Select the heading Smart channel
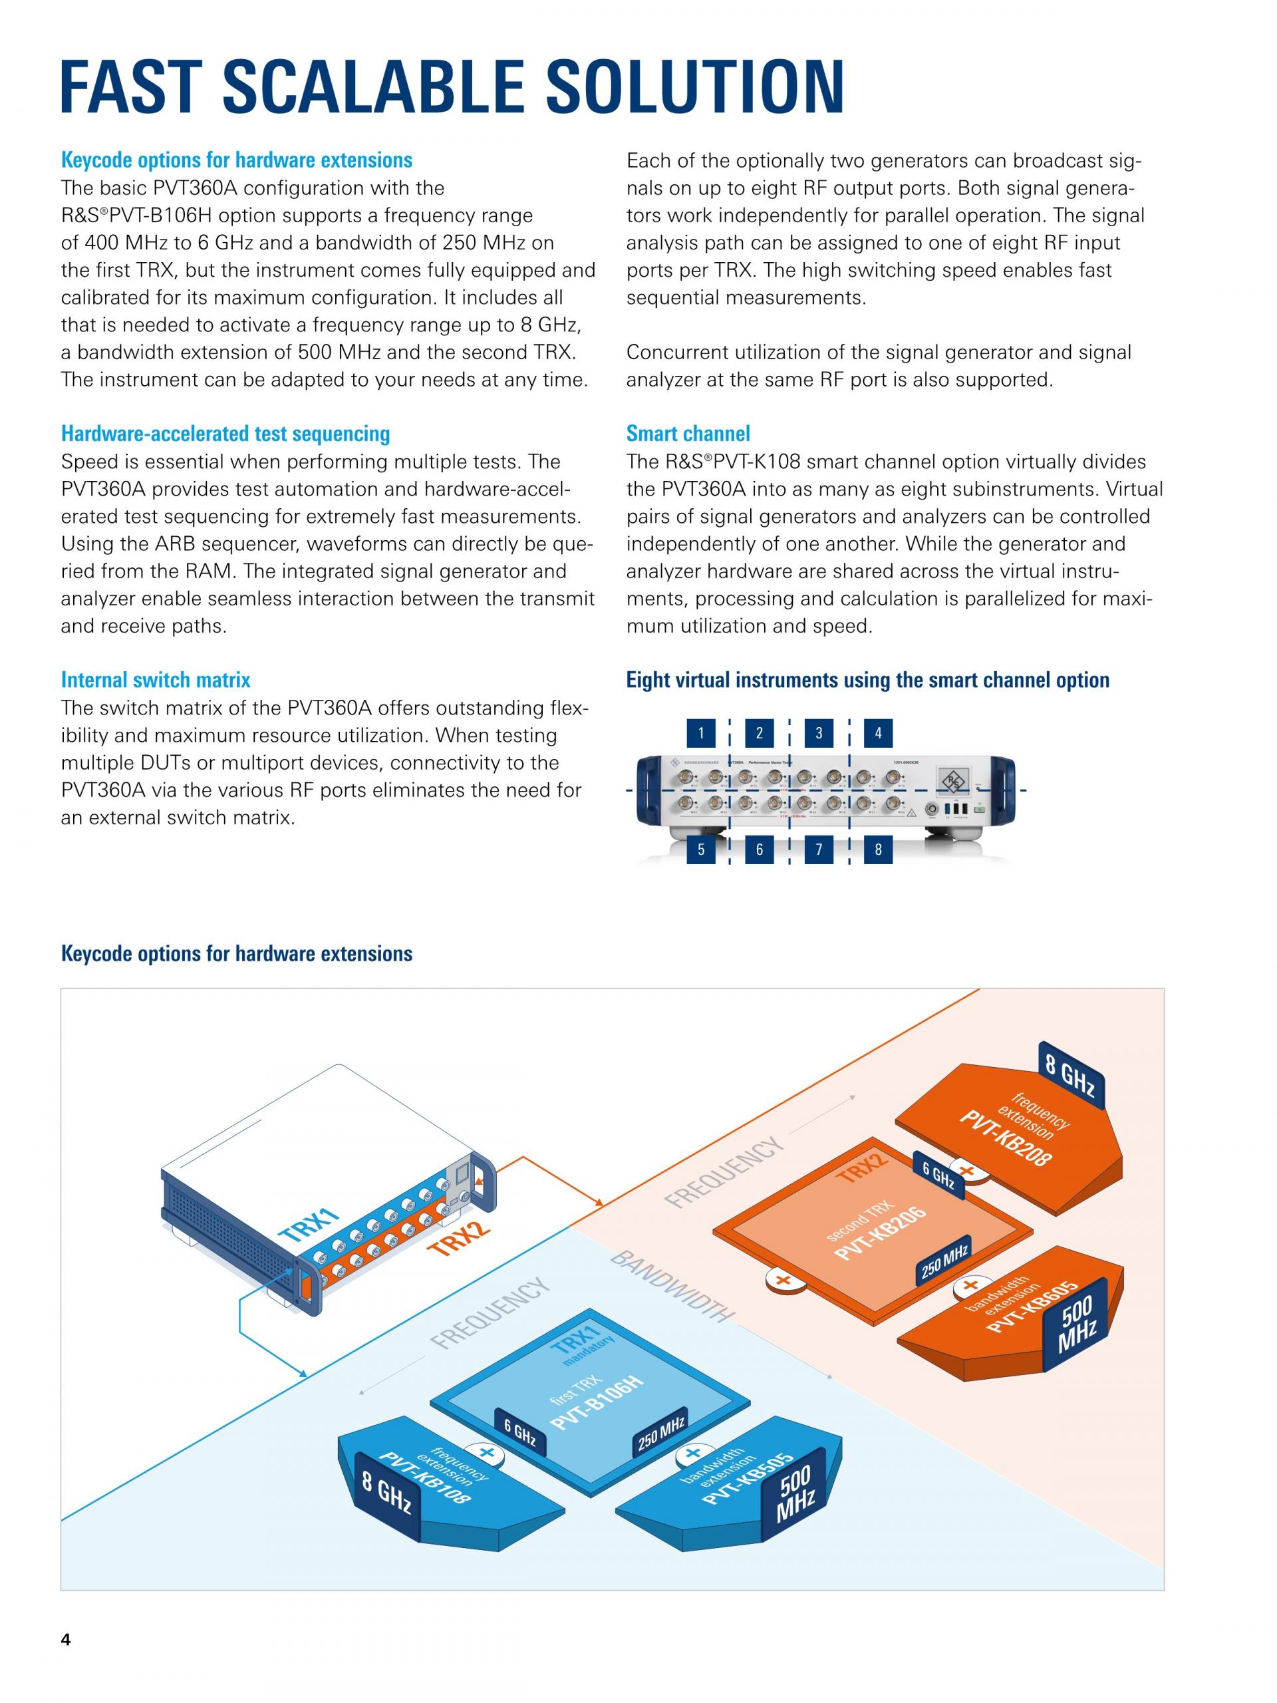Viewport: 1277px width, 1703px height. click(687, 434)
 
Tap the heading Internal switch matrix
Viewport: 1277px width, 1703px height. click(156, 680)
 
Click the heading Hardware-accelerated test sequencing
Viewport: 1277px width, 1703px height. click(225, 434)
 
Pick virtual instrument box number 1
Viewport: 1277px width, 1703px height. click(700, 733)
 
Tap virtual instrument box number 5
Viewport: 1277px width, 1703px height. click(700, 850)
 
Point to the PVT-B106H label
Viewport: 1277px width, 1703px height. click(597, 1408)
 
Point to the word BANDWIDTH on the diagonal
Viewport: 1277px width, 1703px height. click(671, 1287)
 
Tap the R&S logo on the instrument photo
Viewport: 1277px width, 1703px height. click(954, 782)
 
